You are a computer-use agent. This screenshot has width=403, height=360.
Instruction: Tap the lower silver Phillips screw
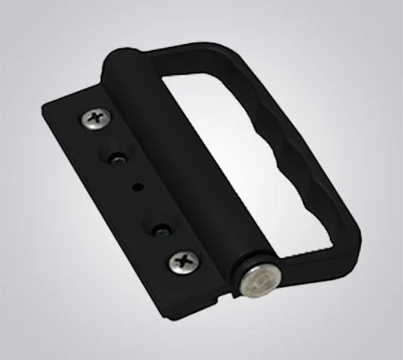tap(183, 260)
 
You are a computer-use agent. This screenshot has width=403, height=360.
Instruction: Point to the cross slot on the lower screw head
tap(183, 260)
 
